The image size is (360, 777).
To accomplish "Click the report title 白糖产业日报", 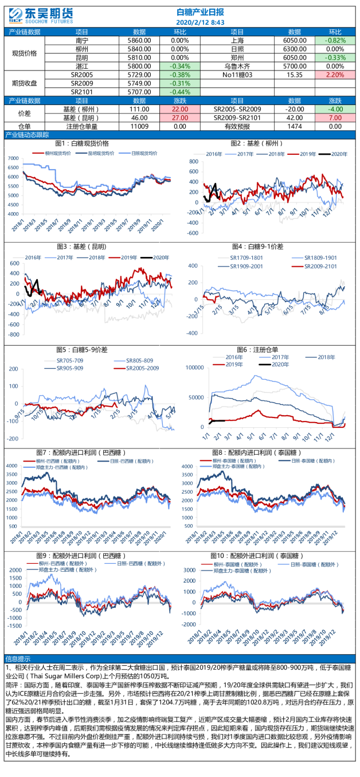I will pos(200,11).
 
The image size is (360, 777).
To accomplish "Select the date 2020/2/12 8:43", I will pos(200,22).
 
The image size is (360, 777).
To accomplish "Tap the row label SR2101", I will pos(82,92).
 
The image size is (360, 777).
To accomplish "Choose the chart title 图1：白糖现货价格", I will pos(82,143).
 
